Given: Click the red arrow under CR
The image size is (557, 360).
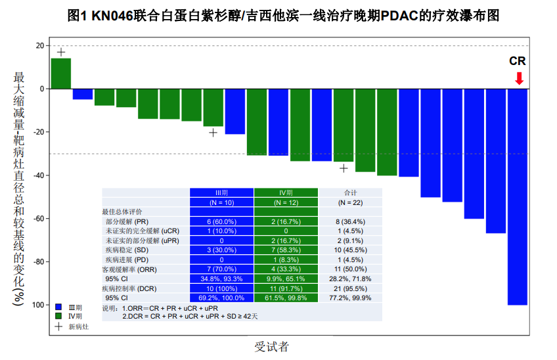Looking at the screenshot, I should (x=519, y=78).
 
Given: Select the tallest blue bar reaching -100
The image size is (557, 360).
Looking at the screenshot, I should (x=518, y=197).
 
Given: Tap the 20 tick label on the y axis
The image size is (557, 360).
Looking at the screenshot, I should (x=39, y=45).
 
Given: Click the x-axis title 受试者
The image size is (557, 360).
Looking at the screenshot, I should (x=271, y=347).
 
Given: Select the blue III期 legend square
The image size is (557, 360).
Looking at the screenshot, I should (x=58, y=307).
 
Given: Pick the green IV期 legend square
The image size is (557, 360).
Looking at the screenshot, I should (x=58, y=316).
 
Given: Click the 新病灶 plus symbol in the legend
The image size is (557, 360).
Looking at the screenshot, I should (x=58, y=326).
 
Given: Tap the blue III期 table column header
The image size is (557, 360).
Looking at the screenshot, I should (x=221, y=192).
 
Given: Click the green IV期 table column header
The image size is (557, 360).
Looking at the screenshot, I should (x=286, y=192).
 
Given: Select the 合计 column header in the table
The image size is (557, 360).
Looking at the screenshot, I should (x=351, y=192).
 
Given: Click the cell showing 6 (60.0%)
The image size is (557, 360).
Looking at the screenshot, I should (x=221, y=221).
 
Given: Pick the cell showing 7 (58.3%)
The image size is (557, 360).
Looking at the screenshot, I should (x=286, y=250).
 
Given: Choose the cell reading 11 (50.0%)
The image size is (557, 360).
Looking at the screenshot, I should (x=351, y=269).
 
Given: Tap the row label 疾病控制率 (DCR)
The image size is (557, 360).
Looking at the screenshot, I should (x=129, y=288).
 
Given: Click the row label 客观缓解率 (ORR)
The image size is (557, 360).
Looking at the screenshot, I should (x=129, y=269).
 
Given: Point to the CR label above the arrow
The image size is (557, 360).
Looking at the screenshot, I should (x=518, y=61).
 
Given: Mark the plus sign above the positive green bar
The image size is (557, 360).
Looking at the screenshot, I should (x=61, y=52).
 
